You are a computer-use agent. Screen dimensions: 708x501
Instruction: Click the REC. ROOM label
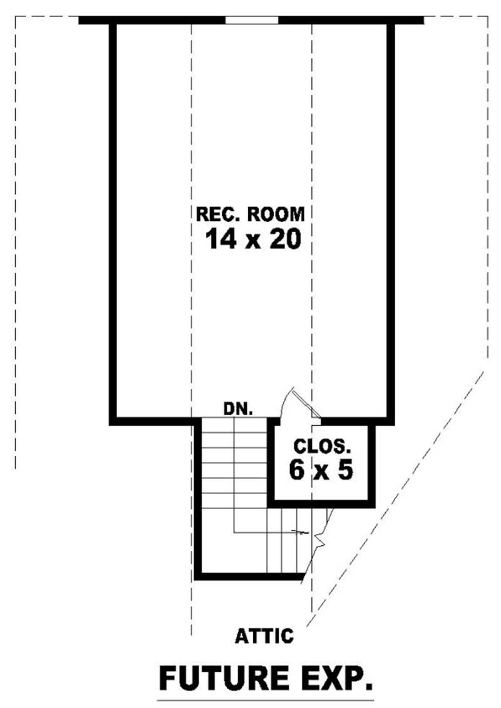tap(250, 214)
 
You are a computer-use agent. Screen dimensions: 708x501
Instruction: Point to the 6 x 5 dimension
tap(321, 469)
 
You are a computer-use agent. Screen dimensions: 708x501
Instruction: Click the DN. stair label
tap(238, 410)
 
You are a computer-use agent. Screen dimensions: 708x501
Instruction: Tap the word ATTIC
tap(264, 637)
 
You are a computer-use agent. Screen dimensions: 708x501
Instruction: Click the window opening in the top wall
tap(251, 21)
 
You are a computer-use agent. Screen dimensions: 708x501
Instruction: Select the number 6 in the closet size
tap(296, 469)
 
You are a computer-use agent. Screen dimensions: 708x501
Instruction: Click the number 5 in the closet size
tap(345, 469)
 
